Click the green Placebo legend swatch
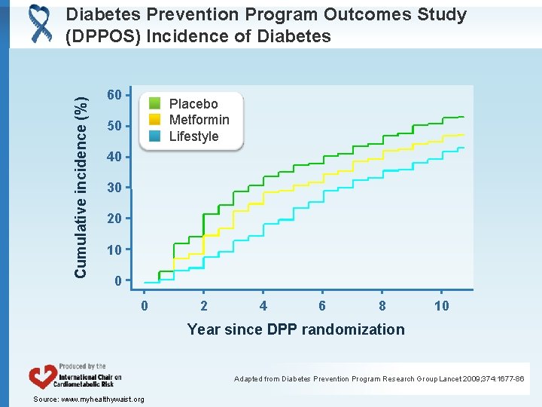154,103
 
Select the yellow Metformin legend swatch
154,120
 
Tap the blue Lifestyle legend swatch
154,136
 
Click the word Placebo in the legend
193,104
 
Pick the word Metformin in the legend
199,120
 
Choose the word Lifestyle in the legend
193,136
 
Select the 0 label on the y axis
117,281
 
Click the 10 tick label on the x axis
442,305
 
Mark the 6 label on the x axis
322,305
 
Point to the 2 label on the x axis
204,305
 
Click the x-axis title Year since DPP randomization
296,329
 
